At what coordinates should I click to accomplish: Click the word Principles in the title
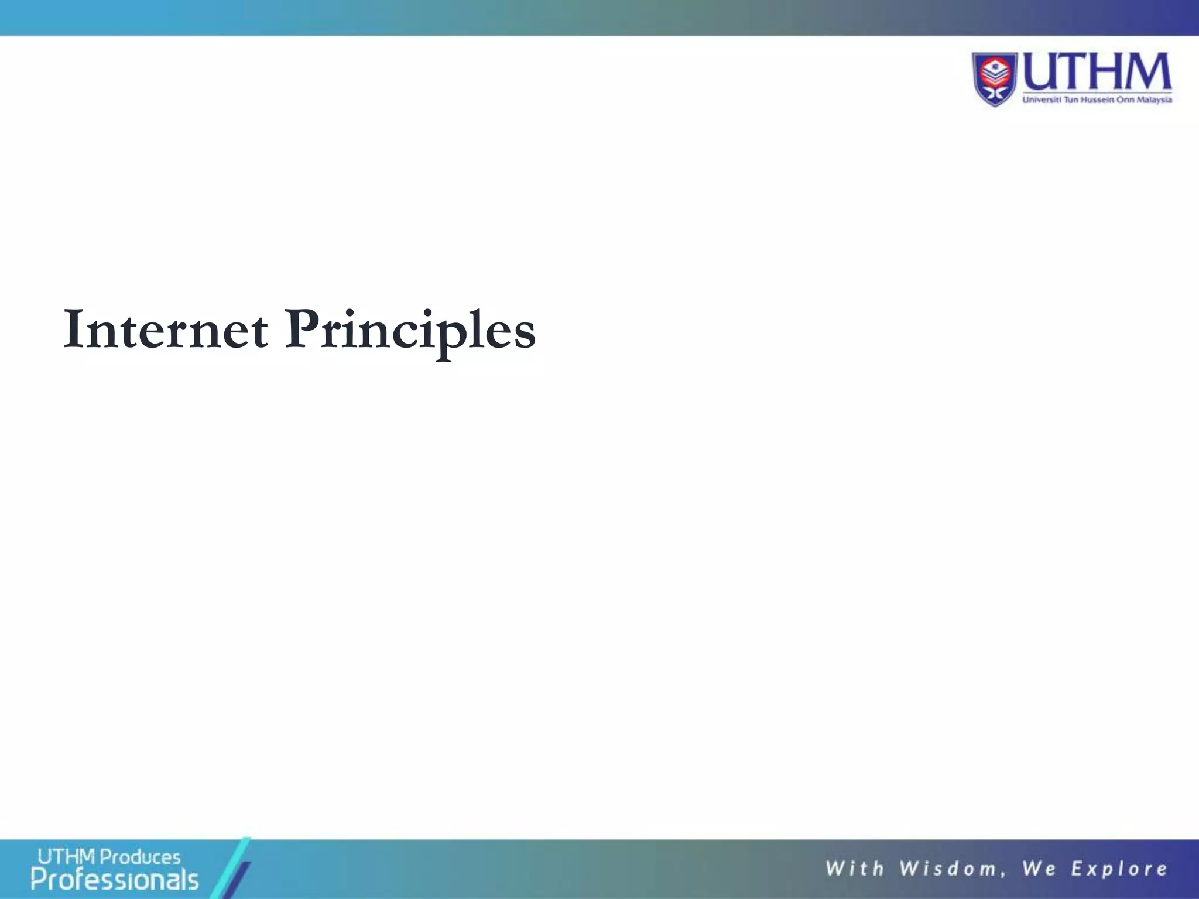coord(409,330)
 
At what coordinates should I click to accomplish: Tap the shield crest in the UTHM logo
coord(995,79)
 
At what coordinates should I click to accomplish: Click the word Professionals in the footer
coord(115,880)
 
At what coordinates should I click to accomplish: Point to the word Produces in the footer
coord(140,857)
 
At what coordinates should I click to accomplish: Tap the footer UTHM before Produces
coord(66,857)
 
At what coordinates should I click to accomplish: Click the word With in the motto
coord(854,869)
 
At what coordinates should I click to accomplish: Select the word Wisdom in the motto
coord(948,869)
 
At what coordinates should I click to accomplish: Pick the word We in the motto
coord(1039,869)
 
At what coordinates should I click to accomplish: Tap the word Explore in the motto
coord(1119,869)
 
